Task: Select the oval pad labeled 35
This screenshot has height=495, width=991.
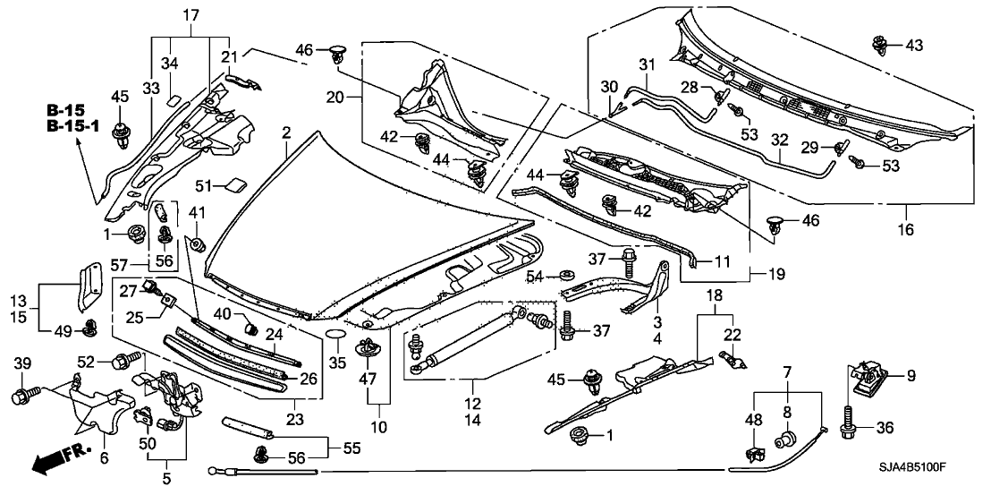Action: click(x=336, y=336)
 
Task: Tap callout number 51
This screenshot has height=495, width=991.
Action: click(x=204, y=184)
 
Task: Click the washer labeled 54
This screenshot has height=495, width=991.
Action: click(x=566, y=273)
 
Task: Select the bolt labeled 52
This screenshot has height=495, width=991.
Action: click(x=124, y=363)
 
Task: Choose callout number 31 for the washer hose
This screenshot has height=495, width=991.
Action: click(x=647, y=64)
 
